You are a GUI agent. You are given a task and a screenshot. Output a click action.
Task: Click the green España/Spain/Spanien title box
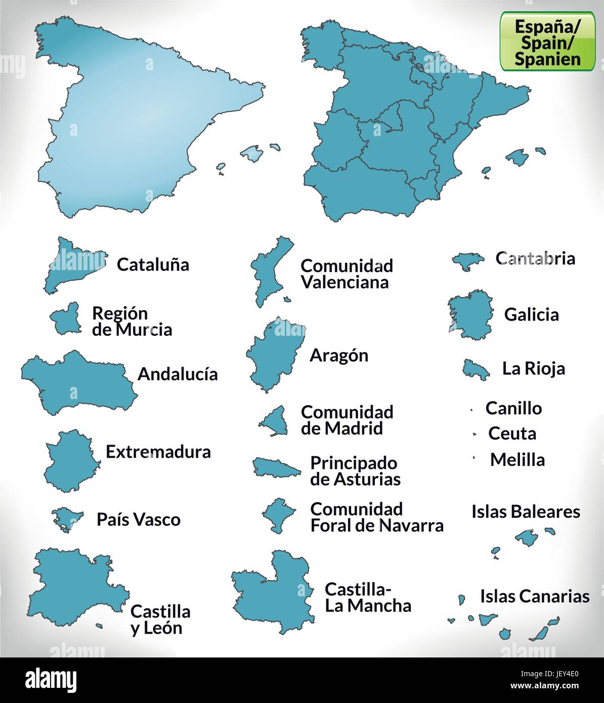[548, 42]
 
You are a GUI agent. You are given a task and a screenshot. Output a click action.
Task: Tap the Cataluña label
[153, 265]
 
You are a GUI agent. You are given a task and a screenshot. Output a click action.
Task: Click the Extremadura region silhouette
[69, 460]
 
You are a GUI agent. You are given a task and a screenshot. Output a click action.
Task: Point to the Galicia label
[531, 315]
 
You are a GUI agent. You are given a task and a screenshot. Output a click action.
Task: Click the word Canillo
[513, 408]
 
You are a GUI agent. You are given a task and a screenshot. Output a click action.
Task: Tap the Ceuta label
[512, 433]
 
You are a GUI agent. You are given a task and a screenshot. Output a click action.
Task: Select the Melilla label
[517, 460]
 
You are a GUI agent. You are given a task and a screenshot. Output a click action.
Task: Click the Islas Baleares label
[526, 511]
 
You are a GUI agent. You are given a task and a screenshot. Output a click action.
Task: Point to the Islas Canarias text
[535, 596]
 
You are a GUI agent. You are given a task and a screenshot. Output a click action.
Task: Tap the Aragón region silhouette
[273, 354]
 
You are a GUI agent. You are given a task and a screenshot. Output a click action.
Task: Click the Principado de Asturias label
[355, 471]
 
